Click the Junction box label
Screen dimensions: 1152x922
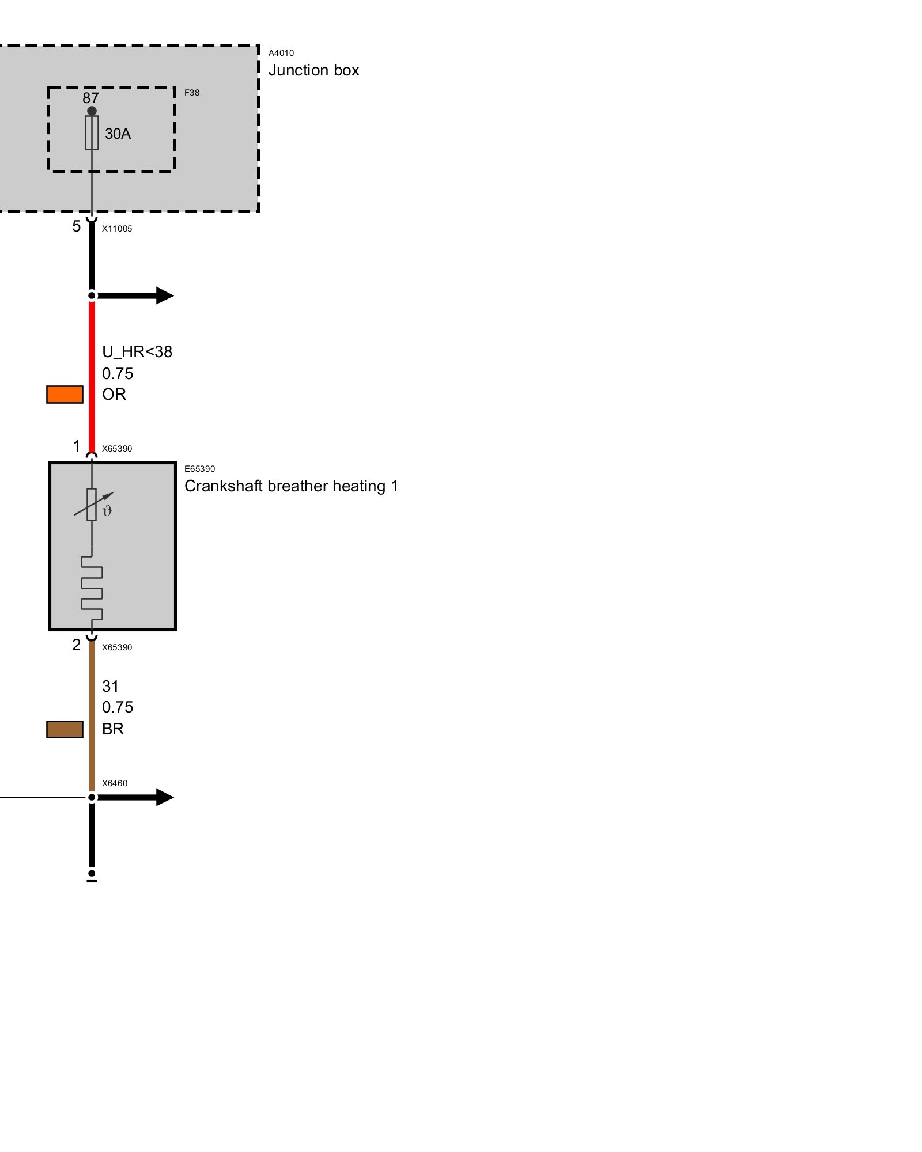tap(313, 70)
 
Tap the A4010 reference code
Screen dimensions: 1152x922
tap(281, 53)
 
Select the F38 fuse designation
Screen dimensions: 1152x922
tap(192, 93)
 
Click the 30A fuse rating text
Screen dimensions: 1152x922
tap(118, 134)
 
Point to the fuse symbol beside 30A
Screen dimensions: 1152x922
tap(92, 132)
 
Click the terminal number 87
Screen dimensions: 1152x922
tap(90, 98)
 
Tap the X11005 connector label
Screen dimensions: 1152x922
tap(117, 229)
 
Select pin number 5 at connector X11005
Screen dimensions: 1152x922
tap(76, 226)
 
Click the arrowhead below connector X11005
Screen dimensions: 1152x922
tap(164, 295)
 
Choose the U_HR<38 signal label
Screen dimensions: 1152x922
tap(137, 352)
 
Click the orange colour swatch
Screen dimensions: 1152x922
tap(65, 395)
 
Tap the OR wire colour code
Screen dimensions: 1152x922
tap(114, 395)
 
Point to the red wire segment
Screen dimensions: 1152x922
tap(92, 374)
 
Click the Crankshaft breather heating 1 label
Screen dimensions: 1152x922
tap(291, 486)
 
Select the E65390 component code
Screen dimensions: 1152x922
tap(199, 469)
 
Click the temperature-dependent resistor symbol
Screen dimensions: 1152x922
tap(92, 505)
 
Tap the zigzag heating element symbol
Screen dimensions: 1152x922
tap(92, 588)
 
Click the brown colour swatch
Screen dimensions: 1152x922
tap(65, 729)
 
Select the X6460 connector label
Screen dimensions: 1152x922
tap(115, 783)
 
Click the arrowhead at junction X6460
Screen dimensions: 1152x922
tap(164, 797)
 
